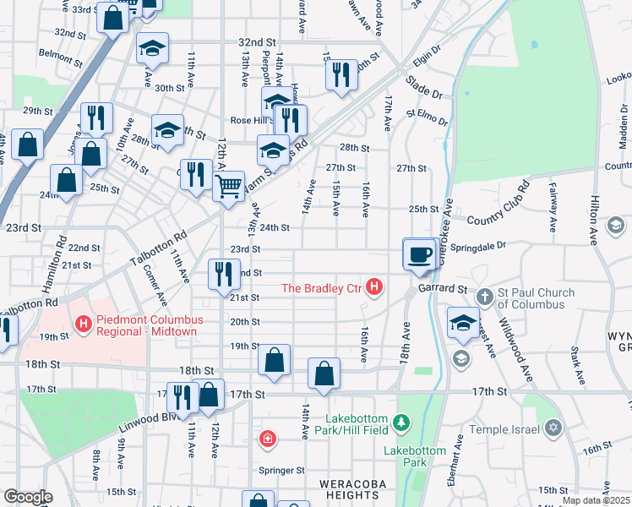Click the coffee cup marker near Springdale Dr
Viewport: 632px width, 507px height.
[x=419, y=254]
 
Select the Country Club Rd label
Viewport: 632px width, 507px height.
[x=493, y=204]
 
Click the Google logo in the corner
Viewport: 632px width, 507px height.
[x=28, y=496]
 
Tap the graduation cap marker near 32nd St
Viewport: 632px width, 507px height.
[x=152, y=49]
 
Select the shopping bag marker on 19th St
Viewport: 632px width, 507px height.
[x=274, y=360]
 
